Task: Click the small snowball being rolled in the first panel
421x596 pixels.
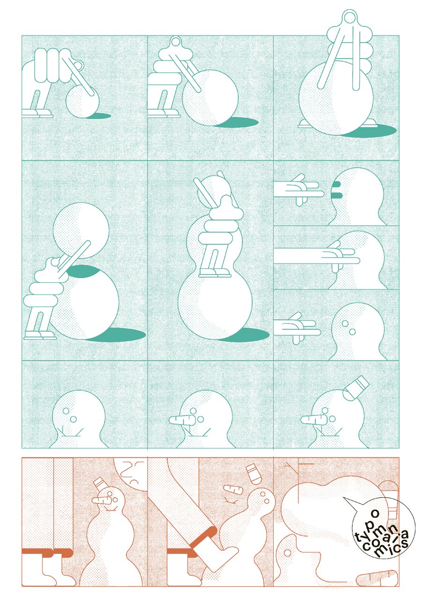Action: click(x=82, y=101)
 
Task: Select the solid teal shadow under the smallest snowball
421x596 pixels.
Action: click(x=100, y=116)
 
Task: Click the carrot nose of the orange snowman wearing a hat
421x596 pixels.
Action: click(x=102, y=500)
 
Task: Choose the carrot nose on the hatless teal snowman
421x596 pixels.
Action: click(x=182, y=420)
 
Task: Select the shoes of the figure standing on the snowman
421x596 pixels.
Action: click(x=215, y=272)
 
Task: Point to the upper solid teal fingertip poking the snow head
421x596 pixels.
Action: click(x=336, y=184)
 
